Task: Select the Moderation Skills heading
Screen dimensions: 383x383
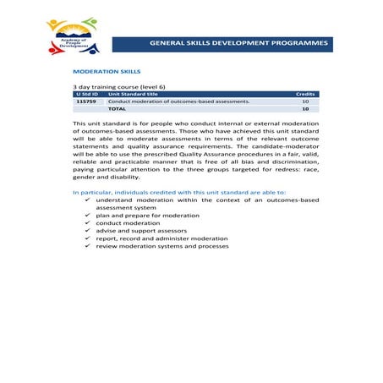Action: (x=107, y=72)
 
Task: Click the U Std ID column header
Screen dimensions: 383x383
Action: (x=87, y=94)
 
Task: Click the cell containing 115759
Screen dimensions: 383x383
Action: (x=86, y=101)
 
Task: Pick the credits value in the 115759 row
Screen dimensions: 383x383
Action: (x=305, y=101)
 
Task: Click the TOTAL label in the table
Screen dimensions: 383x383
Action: (x=117, y=109)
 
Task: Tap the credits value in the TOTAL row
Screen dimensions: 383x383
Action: (x=305, y=109)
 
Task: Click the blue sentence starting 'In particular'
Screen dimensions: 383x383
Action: (x=179, y=193)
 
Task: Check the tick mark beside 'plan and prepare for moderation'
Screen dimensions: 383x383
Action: (x=87, y=216)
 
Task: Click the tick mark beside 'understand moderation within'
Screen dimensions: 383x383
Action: (x=87, y=200)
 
